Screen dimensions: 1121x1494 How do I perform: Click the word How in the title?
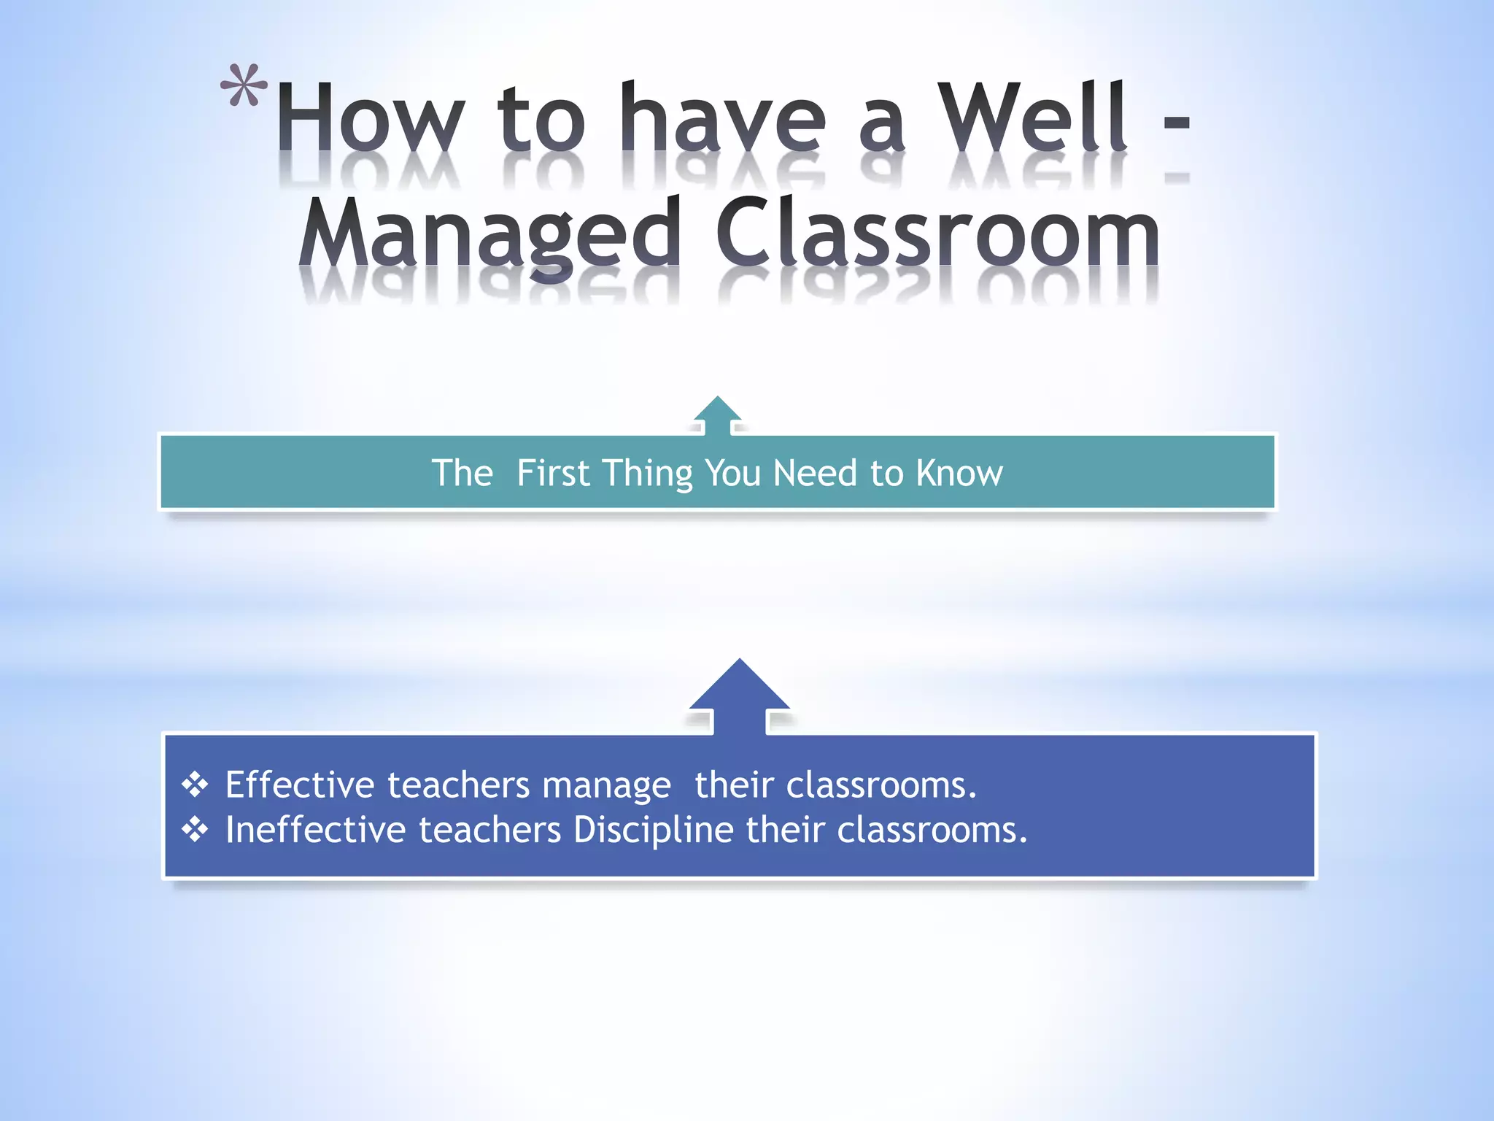(371, 117)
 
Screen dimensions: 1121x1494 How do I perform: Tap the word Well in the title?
(1032, 117)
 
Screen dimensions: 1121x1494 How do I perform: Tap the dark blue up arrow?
(739, 693)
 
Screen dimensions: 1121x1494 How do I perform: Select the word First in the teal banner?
(553, 473)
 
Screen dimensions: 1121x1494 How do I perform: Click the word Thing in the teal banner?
(646, 473)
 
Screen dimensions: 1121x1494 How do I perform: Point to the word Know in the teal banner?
(959, 473)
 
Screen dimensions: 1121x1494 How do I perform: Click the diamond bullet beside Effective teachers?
(195, 785)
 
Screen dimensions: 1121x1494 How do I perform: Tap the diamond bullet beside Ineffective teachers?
(195, 830)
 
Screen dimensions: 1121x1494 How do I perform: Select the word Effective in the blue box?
(300, 785)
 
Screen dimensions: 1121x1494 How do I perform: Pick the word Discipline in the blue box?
(654, 831)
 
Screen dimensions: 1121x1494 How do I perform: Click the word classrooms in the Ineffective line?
(931, 830)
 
